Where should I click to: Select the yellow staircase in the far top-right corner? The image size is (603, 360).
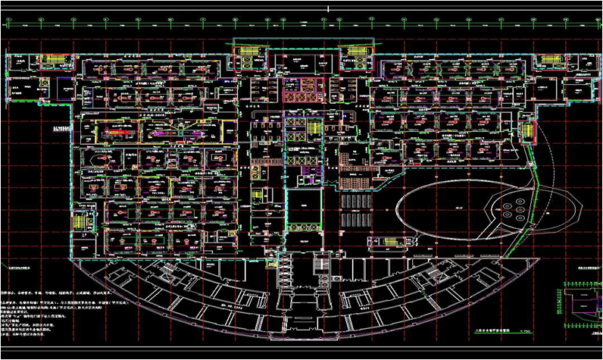(x=570, y=61)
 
